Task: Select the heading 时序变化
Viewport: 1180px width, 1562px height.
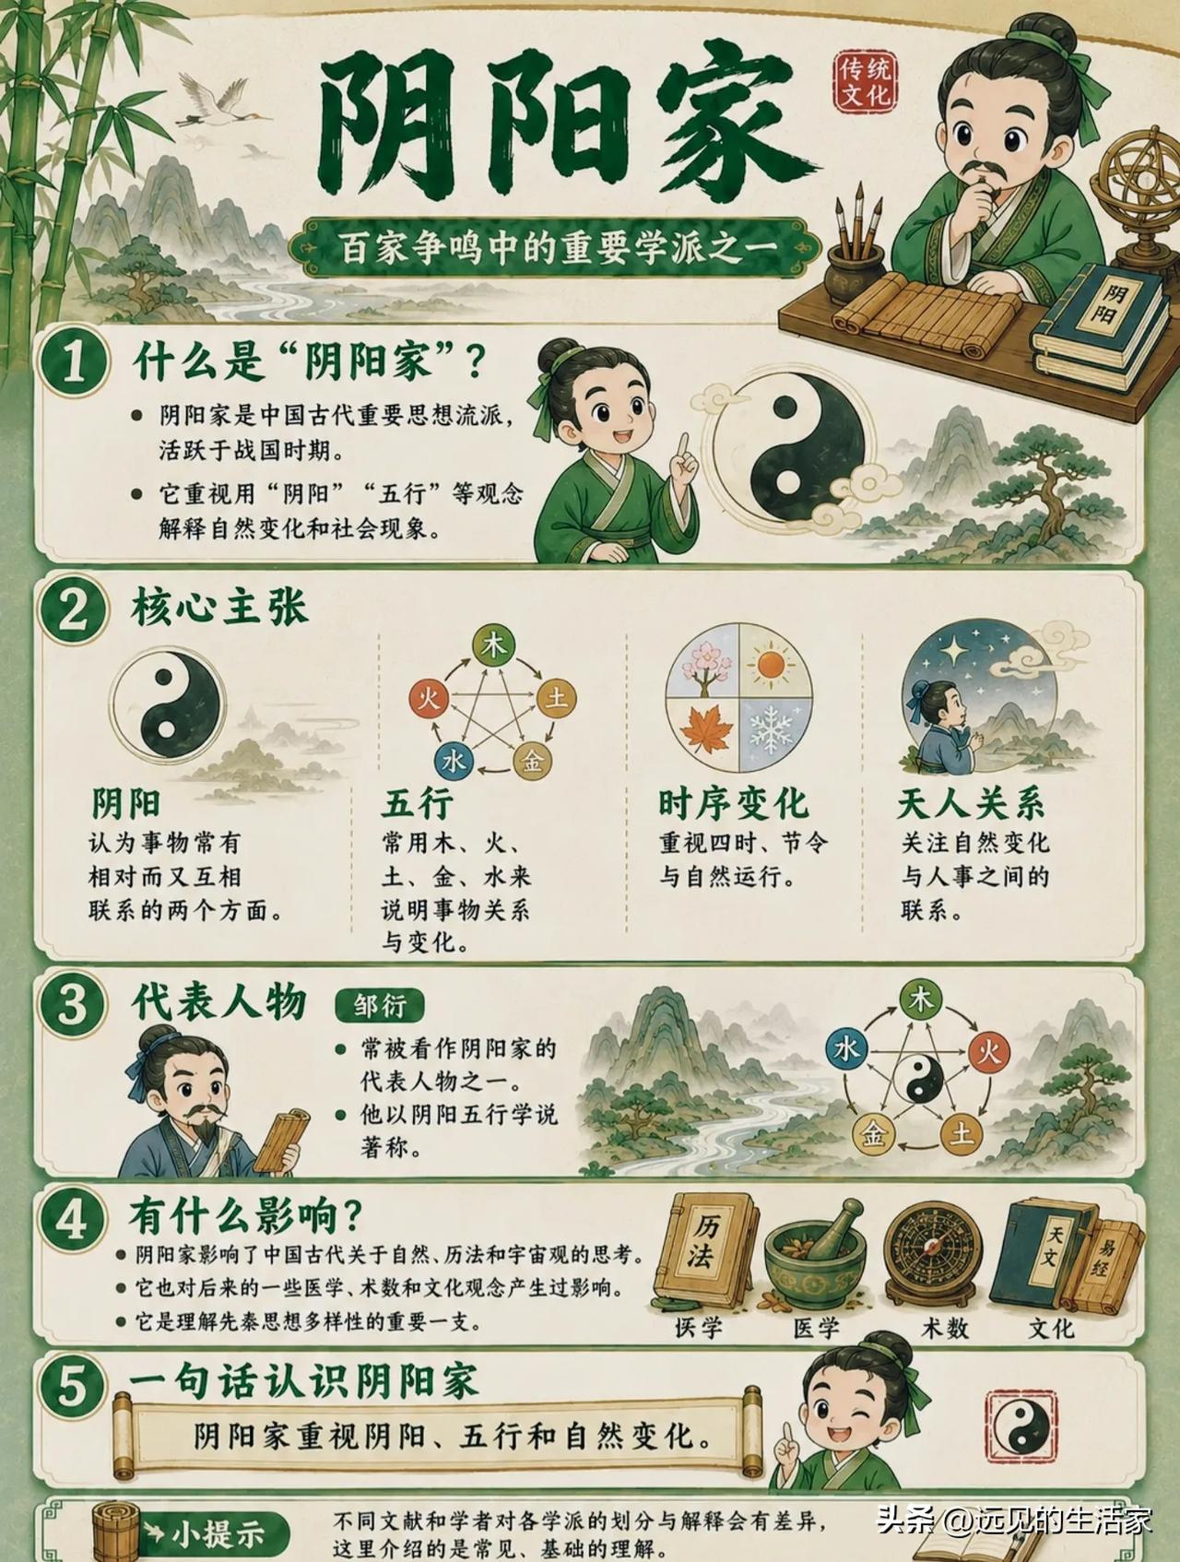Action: coord(733,803)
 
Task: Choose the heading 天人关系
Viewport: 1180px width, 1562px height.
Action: coord(972,803)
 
